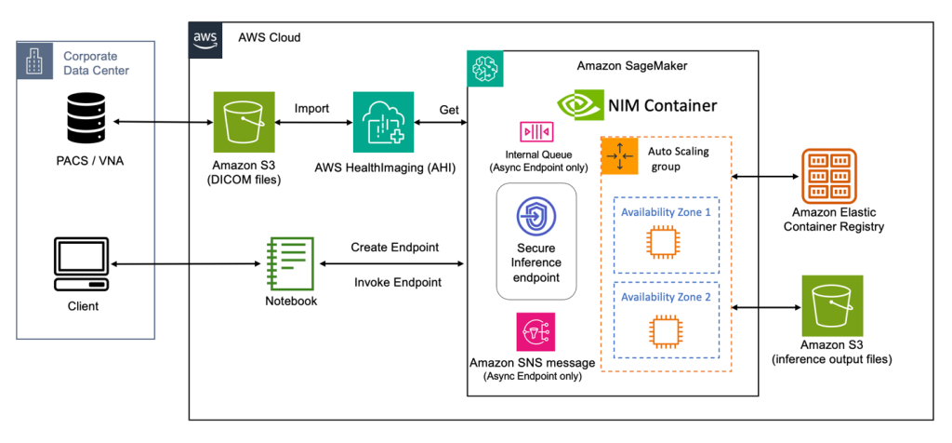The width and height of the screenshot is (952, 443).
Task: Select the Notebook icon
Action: click(287, 263)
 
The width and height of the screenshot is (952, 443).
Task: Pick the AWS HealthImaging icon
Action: click(383, 122)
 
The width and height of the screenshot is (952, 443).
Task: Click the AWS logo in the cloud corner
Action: click(205, 39)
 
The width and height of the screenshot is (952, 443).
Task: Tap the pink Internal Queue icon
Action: click(536, 131)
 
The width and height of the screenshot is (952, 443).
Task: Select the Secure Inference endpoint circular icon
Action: click(536, 217)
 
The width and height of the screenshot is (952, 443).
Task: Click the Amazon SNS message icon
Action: click(535, 331)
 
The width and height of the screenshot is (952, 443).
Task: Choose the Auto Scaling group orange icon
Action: click(618, 155)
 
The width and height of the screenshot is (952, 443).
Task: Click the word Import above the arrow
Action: click(311, 108)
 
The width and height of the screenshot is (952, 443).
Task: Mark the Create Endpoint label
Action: click(395, 248)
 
